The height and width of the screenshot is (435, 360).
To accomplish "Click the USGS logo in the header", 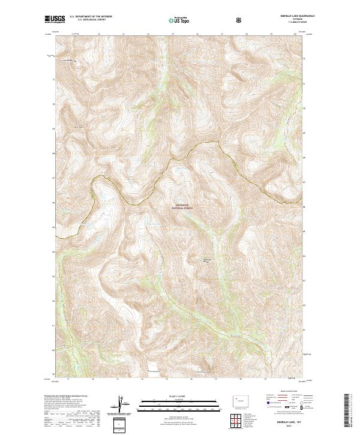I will [x=55, y=20].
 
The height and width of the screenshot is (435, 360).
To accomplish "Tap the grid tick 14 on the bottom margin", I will [x=93, y=379].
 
